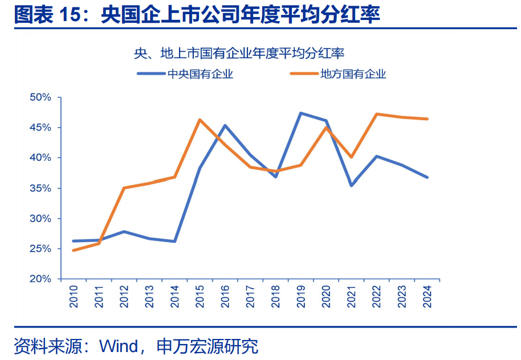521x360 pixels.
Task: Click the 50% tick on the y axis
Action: (x=40, y=97)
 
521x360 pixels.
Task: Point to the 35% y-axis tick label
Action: (x=40, y=189)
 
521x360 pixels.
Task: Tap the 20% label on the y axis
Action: (x=40, y=279)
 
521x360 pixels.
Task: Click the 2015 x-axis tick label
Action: (x=200, y=296)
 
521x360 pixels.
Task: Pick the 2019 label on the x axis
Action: (x=301, y=296)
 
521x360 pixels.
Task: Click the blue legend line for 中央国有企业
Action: (x=150, y=73)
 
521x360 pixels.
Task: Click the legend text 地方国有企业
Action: (x=353, y=73)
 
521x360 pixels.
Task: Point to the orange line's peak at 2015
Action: (x=200, y=120)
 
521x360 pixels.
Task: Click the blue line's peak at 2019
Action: (x=301, y=113)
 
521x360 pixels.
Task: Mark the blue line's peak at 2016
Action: (x=225, y=125)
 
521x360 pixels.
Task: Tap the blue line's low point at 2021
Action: (x=352, y=186)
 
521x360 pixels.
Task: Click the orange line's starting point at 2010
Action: (x=73, y=251)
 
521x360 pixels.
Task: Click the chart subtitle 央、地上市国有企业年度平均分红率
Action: (x=239, y=54)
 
